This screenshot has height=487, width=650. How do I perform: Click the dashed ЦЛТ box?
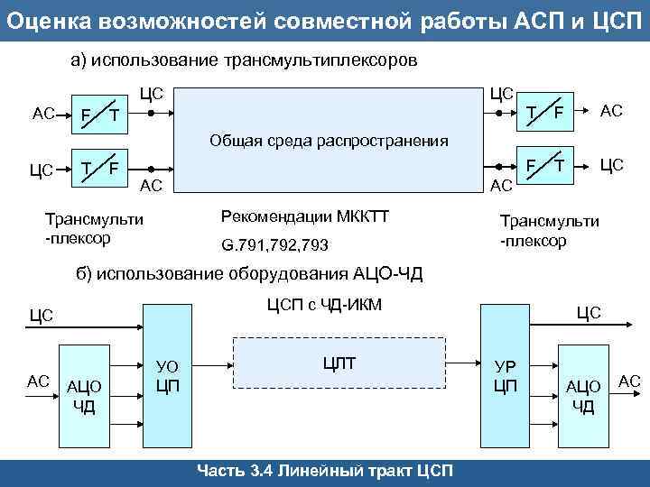click(339, 363)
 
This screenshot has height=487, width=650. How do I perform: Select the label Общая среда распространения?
click(329, 141)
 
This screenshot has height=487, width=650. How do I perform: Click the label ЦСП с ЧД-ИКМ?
click(325, 304)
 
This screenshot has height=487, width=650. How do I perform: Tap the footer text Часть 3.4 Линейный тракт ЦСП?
click(325, 472)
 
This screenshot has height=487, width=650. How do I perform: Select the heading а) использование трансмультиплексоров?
click(245, 60)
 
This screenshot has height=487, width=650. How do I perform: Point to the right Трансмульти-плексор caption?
click(549, 231)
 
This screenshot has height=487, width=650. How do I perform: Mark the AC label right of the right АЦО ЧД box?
click(629, 381)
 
